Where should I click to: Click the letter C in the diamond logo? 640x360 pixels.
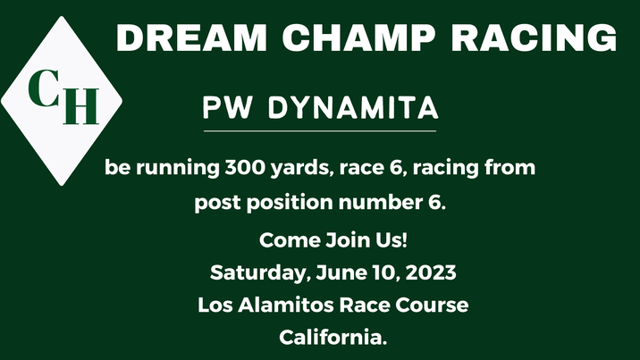42,88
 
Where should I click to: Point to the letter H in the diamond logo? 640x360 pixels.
82,106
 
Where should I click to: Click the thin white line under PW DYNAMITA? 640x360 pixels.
320,131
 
